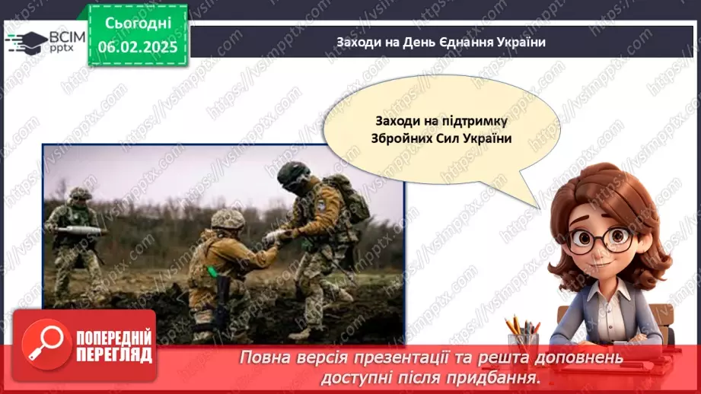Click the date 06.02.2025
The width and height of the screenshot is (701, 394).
tap(138, 46)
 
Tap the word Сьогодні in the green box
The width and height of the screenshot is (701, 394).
tap(138, 24)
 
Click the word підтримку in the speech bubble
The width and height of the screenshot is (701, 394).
tap(476, 121)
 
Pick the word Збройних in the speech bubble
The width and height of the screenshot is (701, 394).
tap(403, 139)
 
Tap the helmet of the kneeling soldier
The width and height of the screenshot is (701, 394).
tap(228, 220)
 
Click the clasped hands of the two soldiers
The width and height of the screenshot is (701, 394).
tap(274, 236)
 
